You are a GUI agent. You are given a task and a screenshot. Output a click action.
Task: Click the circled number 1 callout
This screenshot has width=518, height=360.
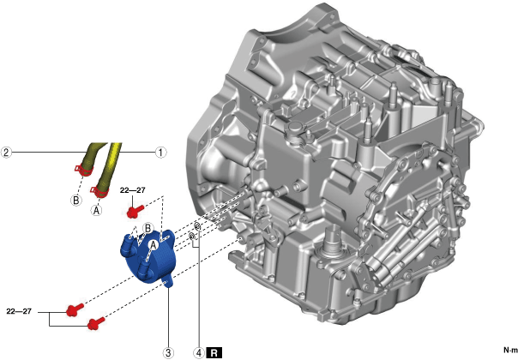click(160, 153)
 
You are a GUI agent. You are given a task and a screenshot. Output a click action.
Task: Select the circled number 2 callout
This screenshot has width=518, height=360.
click(6, 153)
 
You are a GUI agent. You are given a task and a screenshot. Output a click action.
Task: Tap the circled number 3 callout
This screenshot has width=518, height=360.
click(168, 353)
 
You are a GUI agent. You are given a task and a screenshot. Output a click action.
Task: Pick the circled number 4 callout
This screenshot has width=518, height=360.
click(199, 353)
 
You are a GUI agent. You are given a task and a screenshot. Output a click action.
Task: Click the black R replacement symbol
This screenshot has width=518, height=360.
click(214, 353)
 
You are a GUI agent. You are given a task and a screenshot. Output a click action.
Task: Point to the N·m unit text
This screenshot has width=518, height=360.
click(510, 350)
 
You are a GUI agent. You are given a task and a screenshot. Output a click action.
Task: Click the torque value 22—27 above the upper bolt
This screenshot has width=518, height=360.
click(132, 190)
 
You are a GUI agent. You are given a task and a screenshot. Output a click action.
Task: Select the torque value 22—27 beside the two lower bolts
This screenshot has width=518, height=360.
click(19, 311)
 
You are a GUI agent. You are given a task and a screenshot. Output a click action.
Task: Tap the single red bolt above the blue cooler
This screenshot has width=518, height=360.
click(136, 211)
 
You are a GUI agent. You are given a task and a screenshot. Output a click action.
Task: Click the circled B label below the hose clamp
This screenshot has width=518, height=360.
click(76, 201)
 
